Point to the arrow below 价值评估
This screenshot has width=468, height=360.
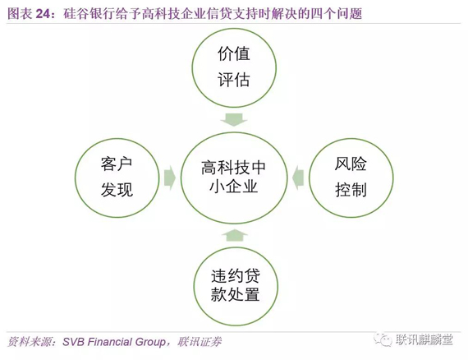click(x=234, y=119)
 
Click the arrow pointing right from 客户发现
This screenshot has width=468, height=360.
click(x=170, y=178)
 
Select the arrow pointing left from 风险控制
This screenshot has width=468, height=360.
click(x=298, y=178)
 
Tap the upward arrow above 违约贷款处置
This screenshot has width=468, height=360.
click(x=235, y=235)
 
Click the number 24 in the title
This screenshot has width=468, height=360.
click(x=44, y=14)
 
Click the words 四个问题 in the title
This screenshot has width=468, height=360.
click(x=337, y=14)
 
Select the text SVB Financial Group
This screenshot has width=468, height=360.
click(x=114, y=342)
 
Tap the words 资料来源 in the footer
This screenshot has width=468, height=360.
click(x=29, y=342)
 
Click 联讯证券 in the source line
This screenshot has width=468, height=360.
click(x=200, y=342)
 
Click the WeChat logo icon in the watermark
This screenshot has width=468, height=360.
click(x=383, y=339)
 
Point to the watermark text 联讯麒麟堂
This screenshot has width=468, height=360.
click(x=424, y=339)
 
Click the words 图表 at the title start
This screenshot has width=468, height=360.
click(x=20, y=14)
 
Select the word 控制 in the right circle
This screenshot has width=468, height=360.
click(x=351, y=189)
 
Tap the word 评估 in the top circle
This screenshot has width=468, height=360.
click(x=234, y=80)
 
